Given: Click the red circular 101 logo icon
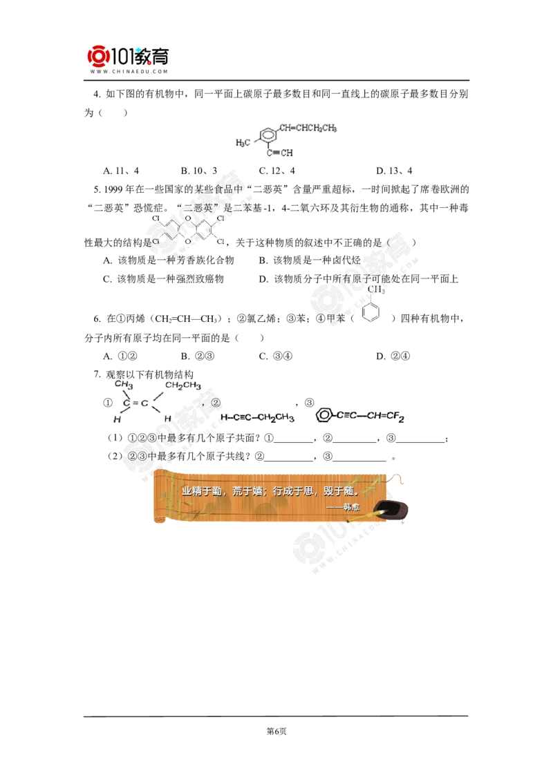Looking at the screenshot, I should pyautogui.click(x=97, y=56).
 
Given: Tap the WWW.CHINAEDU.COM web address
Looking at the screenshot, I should pyautogui.click(x=129, y=71).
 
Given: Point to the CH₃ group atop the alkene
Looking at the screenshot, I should pyautogui.click(x=124, y=383).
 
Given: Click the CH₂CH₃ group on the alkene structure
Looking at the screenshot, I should pyautogui.click(x=183, y=385).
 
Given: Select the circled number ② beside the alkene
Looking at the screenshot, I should pyautogui.click(x=215, y=403).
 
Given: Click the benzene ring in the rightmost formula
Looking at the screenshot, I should pyautogui.click(x=324, y=415).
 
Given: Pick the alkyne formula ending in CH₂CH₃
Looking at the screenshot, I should pyautogui.click(x=258, y=417).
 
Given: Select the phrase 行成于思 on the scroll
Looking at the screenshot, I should pyautogui.click(x=288, y=491).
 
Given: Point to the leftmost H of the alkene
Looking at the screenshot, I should pyautogui.click(x=114, y=419).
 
